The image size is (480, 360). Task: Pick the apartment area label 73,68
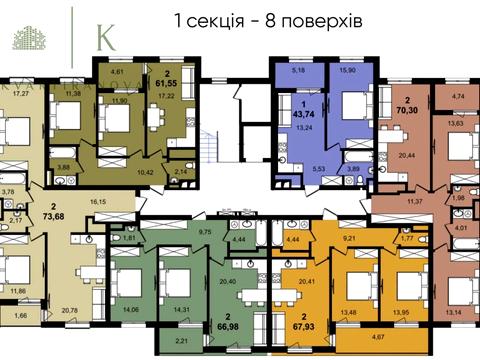(51, 218)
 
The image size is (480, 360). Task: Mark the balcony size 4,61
(116, 72)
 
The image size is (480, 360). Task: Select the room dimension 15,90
(349, 73)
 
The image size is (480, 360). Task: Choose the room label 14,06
(129, 309)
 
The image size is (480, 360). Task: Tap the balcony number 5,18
(297, 72)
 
